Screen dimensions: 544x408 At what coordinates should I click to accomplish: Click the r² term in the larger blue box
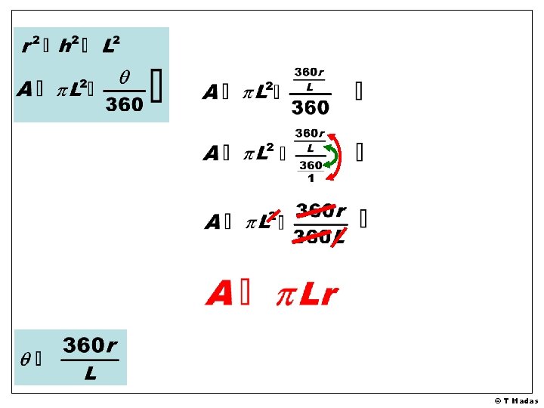[30, 46]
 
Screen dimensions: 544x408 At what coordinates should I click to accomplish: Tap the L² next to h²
[110, 46]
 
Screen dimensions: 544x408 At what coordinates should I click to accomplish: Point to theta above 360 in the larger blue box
[124, 78]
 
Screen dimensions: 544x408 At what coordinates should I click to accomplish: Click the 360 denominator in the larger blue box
[124, 104]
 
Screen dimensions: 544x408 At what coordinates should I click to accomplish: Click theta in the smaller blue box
[26, 360]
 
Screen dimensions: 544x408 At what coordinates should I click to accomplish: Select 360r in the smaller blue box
[90, 345]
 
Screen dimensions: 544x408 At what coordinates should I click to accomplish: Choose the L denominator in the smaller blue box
[90, 373]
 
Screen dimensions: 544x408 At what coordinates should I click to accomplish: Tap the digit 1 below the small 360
[311, 178]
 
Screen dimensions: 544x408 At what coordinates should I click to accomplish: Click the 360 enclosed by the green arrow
[311, 165]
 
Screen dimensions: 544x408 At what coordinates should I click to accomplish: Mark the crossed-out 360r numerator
[320, 211]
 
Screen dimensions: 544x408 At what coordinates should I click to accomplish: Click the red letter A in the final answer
[220, 293]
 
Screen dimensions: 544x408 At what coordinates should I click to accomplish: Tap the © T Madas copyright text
[517, 400]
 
